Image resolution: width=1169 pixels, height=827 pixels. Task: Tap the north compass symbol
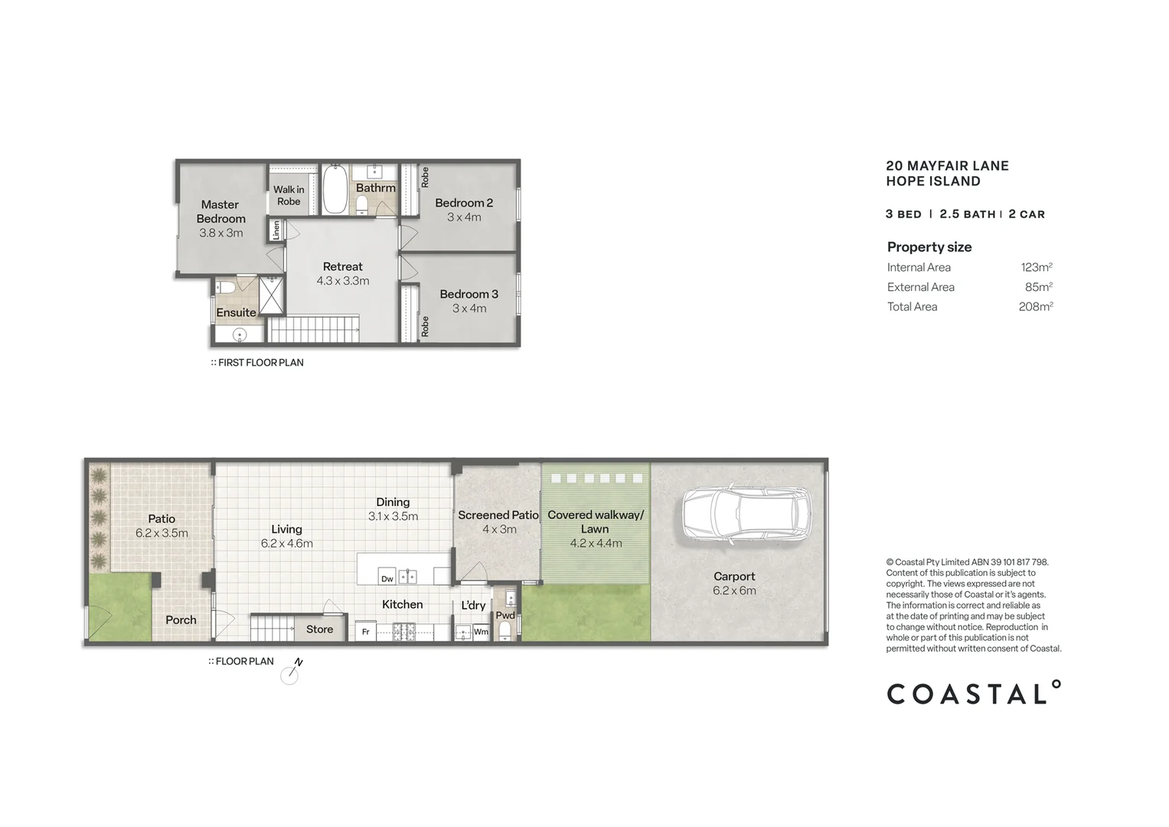pyautogui.click(x=290, y=674)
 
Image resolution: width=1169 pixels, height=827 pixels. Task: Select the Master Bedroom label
pyautogui.click(x=220, y=211)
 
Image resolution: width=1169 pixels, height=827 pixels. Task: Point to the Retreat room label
pyautogui.click(x=342, y=266)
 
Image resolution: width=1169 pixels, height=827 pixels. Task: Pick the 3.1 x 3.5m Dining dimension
pyautogui.click(x=393, y=516)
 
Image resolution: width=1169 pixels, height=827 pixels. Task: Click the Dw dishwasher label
pyautogui.click(x=387, y=579)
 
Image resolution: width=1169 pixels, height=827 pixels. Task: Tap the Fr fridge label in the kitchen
pyautogui.click(x=366, y=632)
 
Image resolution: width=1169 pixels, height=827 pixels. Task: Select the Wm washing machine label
pyautogui.click(x=481, y=632)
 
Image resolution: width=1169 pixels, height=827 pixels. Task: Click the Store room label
pyautogui.click(x=319, y=629)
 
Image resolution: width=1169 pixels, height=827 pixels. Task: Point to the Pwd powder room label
pyautogui.click(x=505, y=615)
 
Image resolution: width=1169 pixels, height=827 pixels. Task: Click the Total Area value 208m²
pyautogui.click(x=1036, y=306)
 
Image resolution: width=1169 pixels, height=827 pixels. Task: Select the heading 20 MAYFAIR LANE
pyautogui.click(x=947, y=165)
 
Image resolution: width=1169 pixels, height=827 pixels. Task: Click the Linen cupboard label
pyautogui.click(x=276, y=230)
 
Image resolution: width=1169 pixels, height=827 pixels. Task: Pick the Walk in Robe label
pyautogui.click(x=289, y=195)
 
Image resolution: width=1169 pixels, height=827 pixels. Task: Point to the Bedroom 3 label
pyautogui.click(x=469, y=294)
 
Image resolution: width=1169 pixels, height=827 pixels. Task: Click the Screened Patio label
pyautogui.click(x=498, y=515)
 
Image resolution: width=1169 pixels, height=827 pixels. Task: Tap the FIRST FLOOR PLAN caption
pyautogui.click(x=260, y=362)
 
